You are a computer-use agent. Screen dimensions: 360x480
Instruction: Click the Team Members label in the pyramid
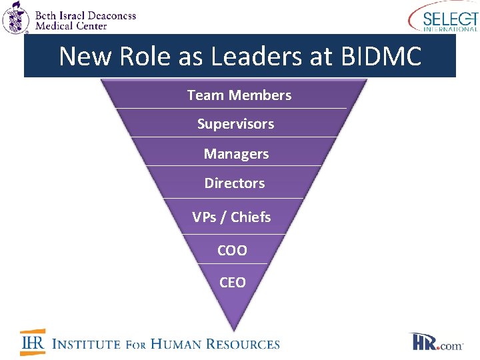coord(239,95)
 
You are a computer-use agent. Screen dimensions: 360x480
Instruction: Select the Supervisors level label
coord(235,124)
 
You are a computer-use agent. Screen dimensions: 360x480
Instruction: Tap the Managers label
coord(236,154)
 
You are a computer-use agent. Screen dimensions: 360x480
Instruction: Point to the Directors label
coord(234,183)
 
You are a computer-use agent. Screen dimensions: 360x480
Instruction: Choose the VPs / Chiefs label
coord(231,217)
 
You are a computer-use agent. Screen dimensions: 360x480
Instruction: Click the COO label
coord(232,251)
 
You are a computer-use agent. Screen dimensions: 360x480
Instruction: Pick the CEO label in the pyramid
coord(232,283)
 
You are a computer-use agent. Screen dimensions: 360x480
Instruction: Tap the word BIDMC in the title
coord(381,57)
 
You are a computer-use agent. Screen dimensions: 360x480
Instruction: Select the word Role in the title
coord(139,57)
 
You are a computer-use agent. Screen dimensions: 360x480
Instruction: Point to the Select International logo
coord(443,17)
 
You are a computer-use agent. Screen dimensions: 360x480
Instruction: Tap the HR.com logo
coord(437,343)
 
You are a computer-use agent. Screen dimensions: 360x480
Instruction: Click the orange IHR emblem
coord(32,343)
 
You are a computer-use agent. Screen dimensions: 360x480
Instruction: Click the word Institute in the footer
coord(86,344)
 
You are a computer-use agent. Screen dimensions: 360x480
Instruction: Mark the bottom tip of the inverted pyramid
coord(233,330)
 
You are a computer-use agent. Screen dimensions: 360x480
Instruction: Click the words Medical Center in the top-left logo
coord(72,26)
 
